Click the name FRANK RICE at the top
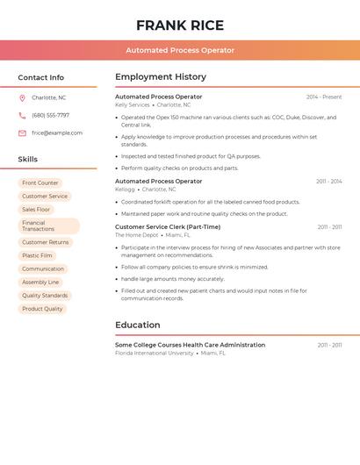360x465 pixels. pyautogui.click(x=180, y=25)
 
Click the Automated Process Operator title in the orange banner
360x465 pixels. pyautogui.click(x=180, y=50)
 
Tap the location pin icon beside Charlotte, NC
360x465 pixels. pyautogui.click(x=22, y=97)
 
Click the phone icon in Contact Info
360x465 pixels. pyautogui.click(x=22, y=115)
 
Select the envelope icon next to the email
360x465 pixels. pyautogui.click(x=22, y=133)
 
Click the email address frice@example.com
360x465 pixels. pyautogui.click(x=57, y=133)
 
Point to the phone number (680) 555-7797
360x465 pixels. pyautogui.click(x=51, y=115)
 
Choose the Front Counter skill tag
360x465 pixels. pyautogui.click(x=40, y=183)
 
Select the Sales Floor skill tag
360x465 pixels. pyautogui.click(x=36, y=210)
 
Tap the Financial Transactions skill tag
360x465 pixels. pyautogui.click(x=48, y=226)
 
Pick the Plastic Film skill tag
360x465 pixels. pyautogui.click(x=37, y=255)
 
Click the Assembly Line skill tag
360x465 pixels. pyautogui.click(x=40, y=283)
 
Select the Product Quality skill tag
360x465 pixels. pyautogui.click(x=42, y=309)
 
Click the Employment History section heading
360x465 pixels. pyautogui.click(x=161, y=77)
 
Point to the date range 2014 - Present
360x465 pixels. pyautogui.click(x=324, y=97)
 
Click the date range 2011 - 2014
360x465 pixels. pyautogui.click(x=329, y=182)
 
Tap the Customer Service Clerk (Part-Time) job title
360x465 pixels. pyautogui.click(x=168, y=226)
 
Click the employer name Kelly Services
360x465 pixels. pyautogui.click(x=133, y=105)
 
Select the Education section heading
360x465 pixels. pyautogui.click(x=138, y=325)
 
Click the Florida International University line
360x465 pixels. pyautogui.click(x=155, y=353)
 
